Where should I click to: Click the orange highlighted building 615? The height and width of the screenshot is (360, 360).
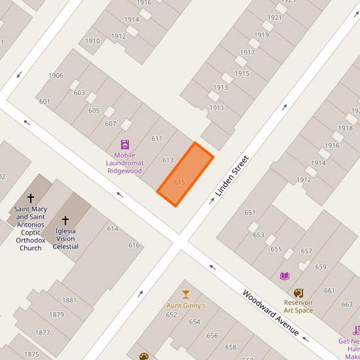[x=186, y=174]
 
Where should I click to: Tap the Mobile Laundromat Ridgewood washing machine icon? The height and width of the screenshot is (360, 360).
[x=125, y=145]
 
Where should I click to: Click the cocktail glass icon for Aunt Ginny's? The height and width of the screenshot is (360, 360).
[x=186, y=295]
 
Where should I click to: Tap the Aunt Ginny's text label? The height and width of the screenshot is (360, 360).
[x=186, y=306]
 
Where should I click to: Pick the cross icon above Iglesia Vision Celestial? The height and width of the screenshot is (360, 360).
[x=65, y=221]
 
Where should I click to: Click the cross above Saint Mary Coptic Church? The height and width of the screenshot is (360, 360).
[x=31, y=198]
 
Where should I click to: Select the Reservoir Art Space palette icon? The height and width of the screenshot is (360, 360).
[x=298, y=293]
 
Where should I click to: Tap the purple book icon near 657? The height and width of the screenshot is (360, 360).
[x=284, y=276]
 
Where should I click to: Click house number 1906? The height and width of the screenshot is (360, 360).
[x=56, y=75]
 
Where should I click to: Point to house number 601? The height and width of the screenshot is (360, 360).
[x=45, y=101]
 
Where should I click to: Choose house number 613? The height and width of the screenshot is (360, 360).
[x=168, y=160]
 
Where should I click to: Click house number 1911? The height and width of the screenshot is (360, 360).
[x=217, y=108]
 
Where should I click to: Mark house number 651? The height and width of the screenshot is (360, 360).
[x=249, y=212]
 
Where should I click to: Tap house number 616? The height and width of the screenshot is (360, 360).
[x=134, y=245]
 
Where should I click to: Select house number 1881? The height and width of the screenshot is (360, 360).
[x=69, y=300]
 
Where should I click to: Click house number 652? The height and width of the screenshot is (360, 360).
[x=171, y=315]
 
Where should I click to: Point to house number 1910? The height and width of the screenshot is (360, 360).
[x=92, y=41]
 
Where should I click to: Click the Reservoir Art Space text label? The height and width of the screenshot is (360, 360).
[x=298, y=306]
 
